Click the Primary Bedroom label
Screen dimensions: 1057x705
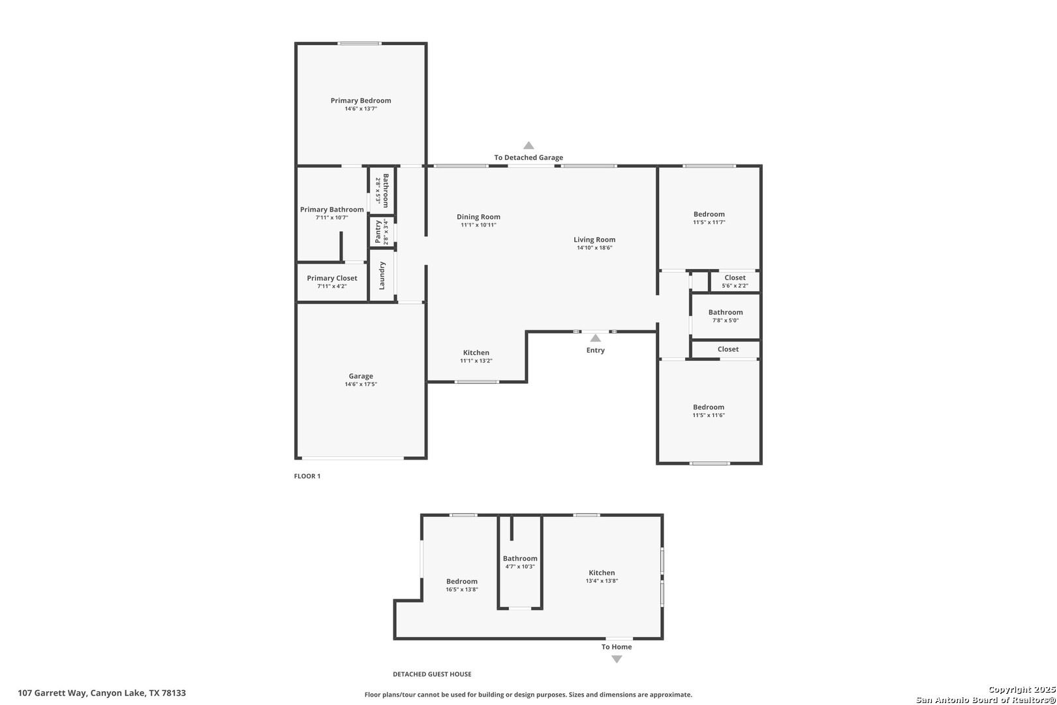pos(361,101)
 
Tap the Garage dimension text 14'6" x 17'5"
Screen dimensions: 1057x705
pos(361,384)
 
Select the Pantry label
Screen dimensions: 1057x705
pos(378,232)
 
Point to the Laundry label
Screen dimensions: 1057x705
pos(382,275)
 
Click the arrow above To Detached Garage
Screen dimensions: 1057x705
pos(528,146)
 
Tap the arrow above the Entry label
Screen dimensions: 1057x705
pos(596,338)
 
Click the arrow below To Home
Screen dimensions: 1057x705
pos(617,659)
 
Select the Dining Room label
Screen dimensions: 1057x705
pos(478,217)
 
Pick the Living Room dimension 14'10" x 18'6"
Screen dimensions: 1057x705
pos(594,248)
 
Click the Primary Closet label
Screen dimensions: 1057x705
pos(331,278)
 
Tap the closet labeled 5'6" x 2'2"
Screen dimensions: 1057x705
pos(735,281)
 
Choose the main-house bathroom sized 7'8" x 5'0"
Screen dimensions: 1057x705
pos(726,316)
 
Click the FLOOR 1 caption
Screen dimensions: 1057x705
pos(307,476)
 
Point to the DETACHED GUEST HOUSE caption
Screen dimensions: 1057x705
pos(432,674)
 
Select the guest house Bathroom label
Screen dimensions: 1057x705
pos(520,559)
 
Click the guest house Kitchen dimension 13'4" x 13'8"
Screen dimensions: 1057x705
pos(602,581)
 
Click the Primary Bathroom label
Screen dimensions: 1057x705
pos(331,210)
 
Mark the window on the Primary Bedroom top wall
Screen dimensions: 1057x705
pos(360,44)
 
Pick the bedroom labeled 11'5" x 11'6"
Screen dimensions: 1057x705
pos(709,411)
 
